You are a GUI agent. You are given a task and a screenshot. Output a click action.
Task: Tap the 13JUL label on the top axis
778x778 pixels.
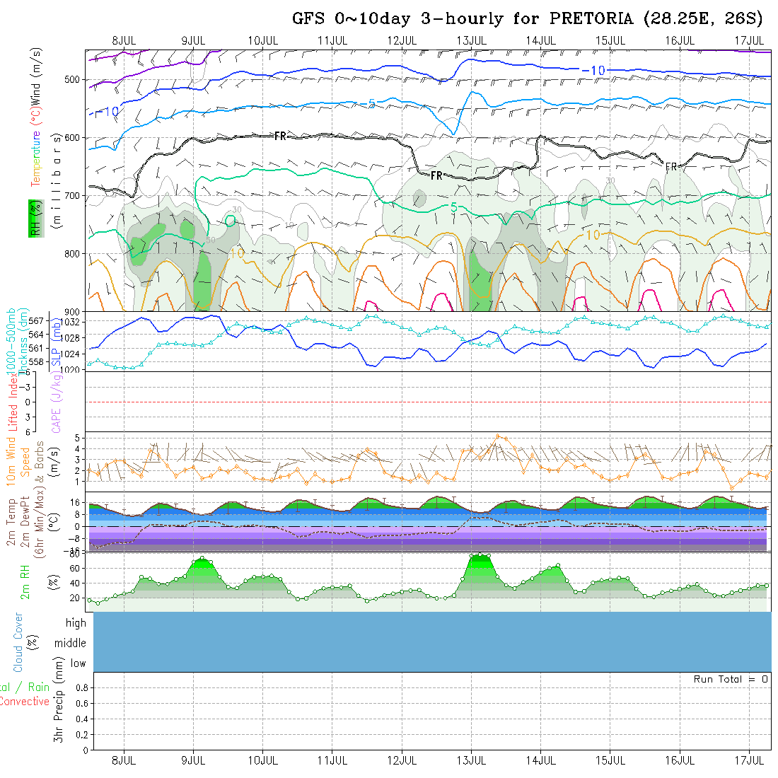pos(470,40)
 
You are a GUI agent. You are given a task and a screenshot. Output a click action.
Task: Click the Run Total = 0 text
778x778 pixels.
pos(731,679)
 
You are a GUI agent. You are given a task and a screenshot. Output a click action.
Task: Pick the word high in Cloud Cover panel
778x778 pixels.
pos(76,623)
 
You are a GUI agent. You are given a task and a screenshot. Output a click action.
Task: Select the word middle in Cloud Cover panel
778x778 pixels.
pos(70,643)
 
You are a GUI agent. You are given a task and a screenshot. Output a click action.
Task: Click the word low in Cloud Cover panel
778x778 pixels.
pos(78,663)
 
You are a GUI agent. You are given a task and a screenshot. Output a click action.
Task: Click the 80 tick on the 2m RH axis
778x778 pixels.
pos(73,555)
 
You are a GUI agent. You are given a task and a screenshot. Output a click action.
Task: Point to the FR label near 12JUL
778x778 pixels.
pos(436,175)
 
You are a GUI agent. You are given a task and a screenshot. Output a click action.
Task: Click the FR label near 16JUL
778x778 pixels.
pos(671,167)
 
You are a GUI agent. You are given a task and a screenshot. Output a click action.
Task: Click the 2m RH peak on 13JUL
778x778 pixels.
pos(480,555)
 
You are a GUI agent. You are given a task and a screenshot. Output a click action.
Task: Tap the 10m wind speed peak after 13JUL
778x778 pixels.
pos(498,437)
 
